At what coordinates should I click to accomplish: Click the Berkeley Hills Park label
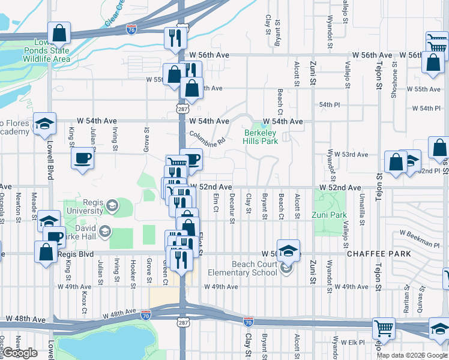point(261,137)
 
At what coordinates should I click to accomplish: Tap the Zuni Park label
point(329,215)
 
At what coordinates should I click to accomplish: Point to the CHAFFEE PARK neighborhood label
point(378,254)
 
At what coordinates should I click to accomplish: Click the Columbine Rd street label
point(206,139)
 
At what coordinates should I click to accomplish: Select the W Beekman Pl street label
point(420,238)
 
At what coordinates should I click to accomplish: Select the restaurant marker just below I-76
point(175,37)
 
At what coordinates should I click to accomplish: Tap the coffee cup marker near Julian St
point(82,158)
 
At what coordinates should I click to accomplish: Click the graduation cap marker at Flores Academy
point(44,124)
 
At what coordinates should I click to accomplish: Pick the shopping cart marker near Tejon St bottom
point(384,328)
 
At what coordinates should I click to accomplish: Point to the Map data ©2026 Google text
point(412,355)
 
